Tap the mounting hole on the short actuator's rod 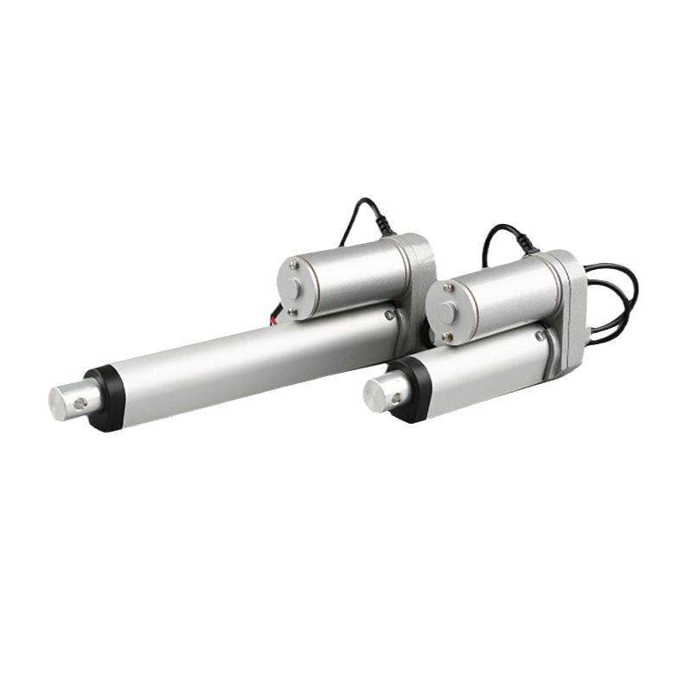point(396,399)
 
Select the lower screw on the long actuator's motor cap point(292,311)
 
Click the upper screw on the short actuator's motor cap point(447,288)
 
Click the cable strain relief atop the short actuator point(529,250)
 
